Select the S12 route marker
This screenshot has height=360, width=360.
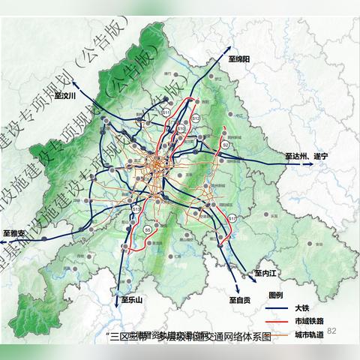(x=195, y=118)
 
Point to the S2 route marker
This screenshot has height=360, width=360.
(x=225, y=145)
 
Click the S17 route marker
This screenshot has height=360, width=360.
(x=232, y=218)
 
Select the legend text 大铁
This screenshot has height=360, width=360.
(x=301, y=308)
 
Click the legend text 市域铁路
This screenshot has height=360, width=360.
(x=307, y=322)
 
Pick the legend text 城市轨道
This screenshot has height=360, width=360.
(x=307, y=334)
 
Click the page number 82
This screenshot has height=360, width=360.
(x=332, y=331)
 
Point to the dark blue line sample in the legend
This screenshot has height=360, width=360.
(x=277, y=308)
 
